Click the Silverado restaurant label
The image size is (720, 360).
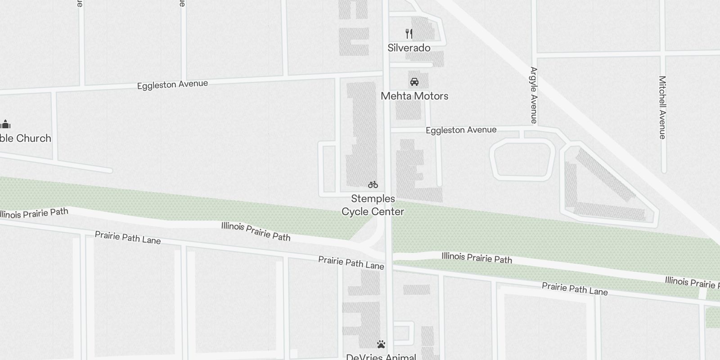pyautogui.click(x=409, y=48)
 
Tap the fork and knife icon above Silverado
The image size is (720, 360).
pyautogui.click(x=409, y=34)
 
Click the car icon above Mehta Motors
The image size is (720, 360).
pyautogui.click(x=414, y=82)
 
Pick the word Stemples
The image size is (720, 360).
pyautogui.click(x=373, y=198)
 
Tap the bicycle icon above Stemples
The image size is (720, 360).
pyautogui.click(x=373, y=184)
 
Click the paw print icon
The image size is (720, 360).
pyautogui.click(x=381, y=345)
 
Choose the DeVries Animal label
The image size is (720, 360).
pyautogui.click(x=381, y=357)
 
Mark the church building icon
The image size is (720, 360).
pyautogui.click(x=5, y=124)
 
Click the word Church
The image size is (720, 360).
pyautogui.click(x=34, y=138)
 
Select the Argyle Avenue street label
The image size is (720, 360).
pyautogui.click(x=534, y=95)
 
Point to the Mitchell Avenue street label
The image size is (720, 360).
pyautogui.click(x=662, y=107)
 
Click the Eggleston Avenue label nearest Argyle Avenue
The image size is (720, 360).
pyautogui.click(x=461, y=130)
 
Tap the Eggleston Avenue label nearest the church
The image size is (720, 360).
pyautogui.click(x=172, y=85)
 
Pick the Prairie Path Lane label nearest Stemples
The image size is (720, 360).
pyautogui.click(x=351, y=263)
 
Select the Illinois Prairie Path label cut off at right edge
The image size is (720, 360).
pyautogui.click(x=692, y=282)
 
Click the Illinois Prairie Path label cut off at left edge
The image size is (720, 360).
pyautogui.click(x=34, y=213)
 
